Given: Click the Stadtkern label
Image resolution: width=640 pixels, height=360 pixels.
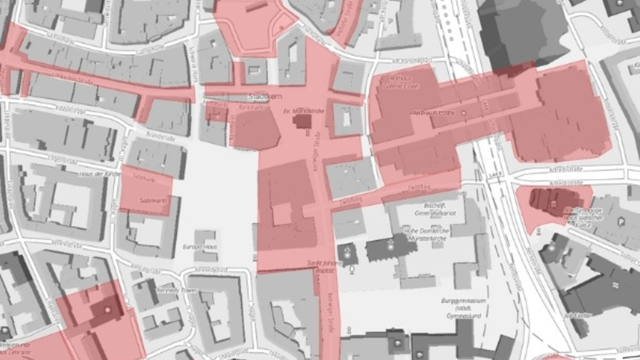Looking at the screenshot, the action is (x=264, y=97).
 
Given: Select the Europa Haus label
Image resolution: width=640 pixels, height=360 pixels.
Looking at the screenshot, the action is (x=206, y=247).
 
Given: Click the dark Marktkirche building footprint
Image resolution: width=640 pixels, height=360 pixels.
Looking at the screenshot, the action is (x=302, y=121).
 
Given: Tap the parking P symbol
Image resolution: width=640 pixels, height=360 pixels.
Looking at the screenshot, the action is (x=620, y=221).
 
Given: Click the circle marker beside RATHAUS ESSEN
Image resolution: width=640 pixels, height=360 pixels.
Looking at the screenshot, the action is (x=463, y=114).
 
